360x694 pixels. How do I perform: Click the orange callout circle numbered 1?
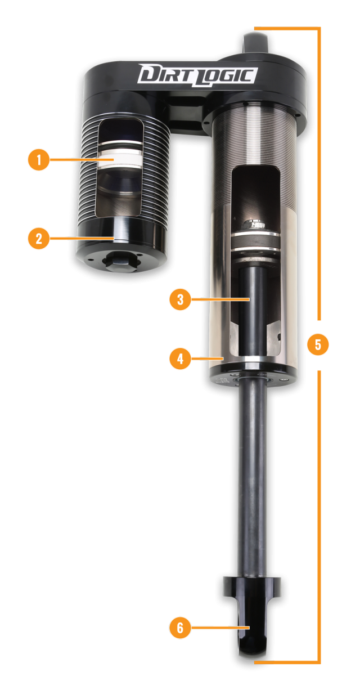click(x=39, y=160)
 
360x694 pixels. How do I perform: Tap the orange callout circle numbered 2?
click(x=39, y=239)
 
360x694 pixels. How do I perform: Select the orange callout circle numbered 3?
click(x=180, y=299)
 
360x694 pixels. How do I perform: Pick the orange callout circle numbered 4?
click(x=180, y=359)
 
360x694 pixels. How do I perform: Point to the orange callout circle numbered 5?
click(x=318, y=344)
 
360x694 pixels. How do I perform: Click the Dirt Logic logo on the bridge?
click(x=197, y=75)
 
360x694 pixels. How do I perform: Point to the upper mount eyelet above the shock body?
click(x=256, y=43)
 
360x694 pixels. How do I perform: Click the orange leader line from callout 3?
click(x=220, y=299)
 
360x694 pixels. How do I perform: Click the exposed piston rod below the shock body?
click(x=253, y=477)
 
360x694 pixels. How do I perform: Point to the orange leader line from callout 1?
click(x=82, y=159)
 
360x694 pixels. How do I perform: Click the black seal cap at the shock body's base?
click(x=253, y=375)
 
